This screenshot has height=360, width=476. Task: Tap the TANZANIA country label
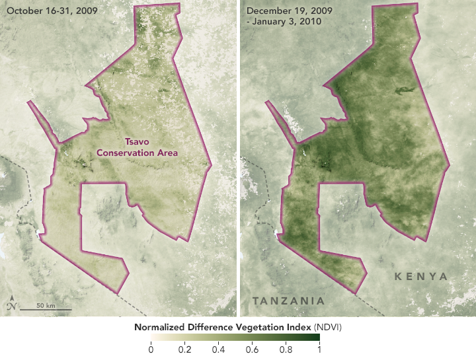click(288, 301)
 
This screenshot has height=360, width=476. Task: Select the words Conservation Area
click(138, 153)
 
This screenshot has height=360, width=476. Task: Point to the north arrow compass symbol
click(11, 306)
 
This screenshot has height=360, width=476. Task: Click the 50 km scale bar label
click(45, 306)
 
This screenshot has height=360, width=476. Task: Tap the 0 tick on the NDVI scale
click(151, 349)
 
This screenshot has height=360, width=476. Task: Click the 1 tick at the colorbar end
click(319, 349)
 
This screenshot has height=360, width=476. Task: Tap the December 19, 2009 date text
click(288, 11)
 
